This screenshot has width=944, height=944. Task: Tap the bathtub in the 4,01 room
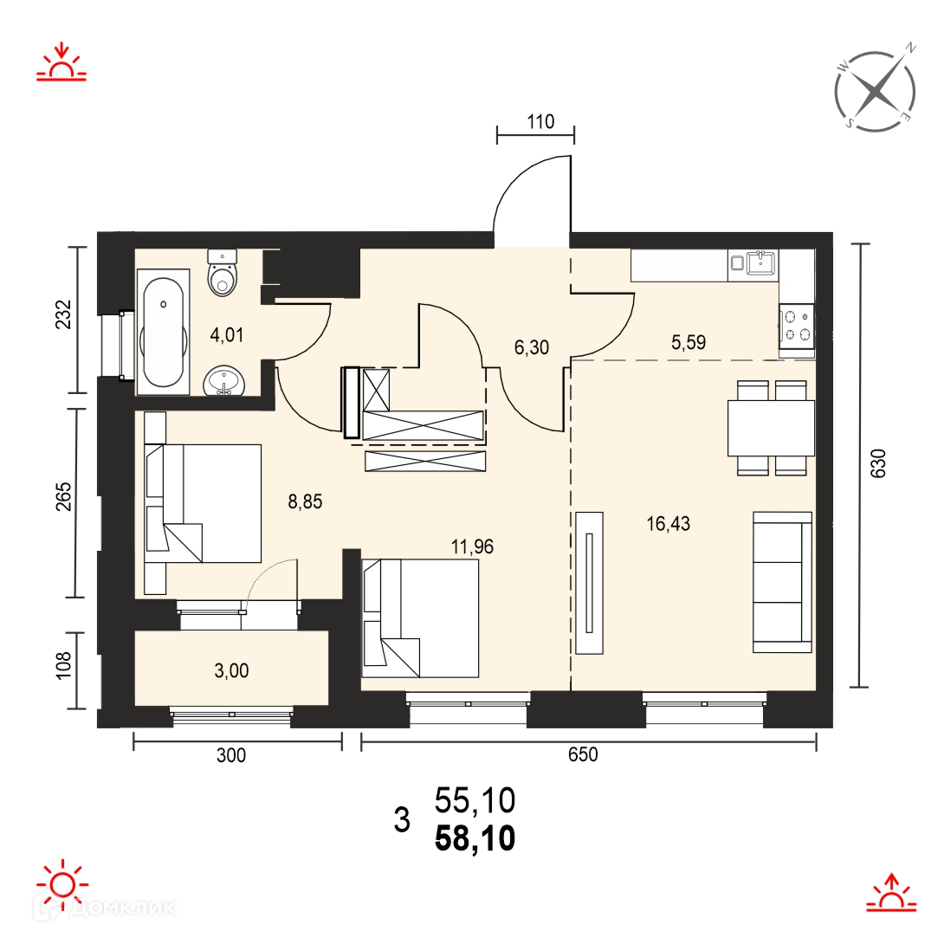tap(163, 332)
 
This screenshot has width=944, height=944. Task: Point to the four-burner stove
tap(797, 326)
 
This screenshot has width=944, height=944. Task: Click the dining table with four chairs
tap(771, 428)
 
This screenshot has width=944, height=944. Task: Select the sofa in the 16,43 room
tap(783, 582)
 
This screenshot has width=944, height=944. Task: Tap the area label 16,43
tap(669, 524)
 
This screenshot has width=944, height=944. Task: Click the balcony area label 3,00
tap(232, 670)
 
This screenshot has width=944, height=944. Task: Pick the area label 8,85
tap(305, 501)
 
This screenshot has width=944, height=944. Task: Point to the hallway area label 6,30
tap(532, 347)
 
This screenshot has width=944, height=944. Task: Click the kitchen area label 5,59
tap(689, 343)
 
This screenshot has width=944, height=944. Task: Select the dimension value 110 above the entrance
tap(540, 122)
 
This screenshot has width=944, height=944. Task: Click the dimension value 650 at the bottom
tap(584, 755)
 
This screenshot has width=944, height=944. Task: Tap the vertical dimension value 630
tap(879, 463)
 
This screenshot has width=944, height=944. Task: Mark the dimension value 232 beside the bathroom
tap(63, 314)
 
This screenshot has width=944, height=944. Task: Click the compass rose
tap(876, 90)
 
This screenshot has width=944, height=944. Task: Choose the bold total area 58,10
tap(475, 838)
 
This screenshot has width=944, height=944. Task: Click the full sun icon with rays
tap(62, 886)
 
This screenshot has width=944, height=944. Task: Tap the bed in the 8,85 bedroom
tap(204, 503)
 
